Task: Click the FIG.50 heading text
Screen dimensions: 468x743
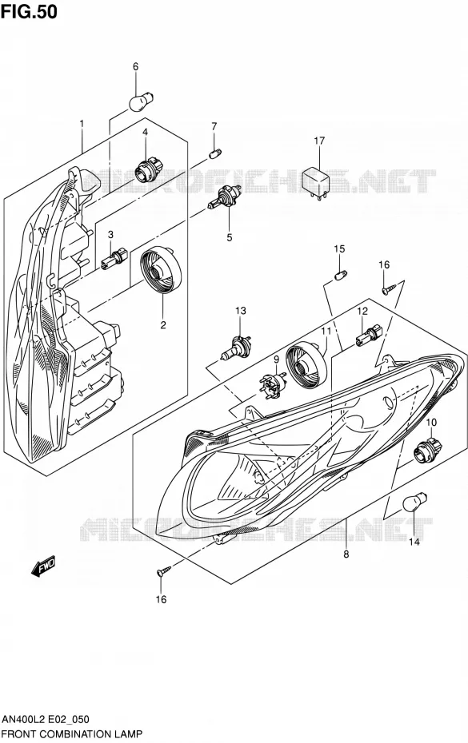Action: (x=29, y=11)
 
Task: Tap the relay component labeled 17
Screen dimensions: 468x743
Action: (x=317, y=181)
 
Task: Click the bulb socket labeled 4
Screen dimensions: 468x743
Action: (x=149, y=170)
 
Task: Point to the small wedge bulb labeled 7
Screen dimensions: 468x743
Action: (x=215, y=153)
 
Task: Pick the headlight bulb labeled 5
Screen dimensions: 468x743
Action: (x=225, y=197)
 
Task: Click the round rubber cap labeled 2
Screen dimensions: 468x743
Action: (x=161, y=271)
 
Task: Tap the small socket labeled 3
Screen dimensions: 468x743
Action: (x=114, y=259)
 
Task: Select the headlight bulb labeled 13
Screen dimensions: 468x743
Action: (x=235, y=348)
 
